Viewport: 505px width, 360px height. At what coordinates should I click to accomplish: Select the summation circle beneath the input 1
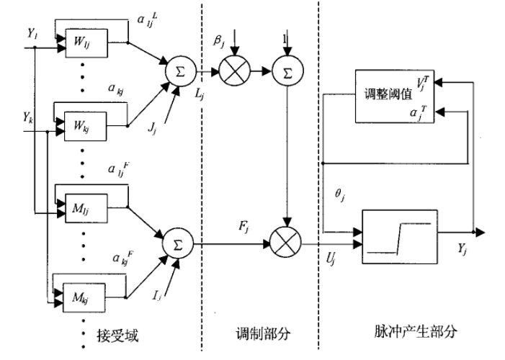tap(286, 73)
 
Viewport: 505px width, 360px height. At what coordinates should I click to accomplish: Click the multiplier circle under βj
tap(231, 73)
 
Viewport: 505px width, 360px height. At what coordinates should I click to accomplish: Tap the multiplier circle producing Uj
tap(286, 245)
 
